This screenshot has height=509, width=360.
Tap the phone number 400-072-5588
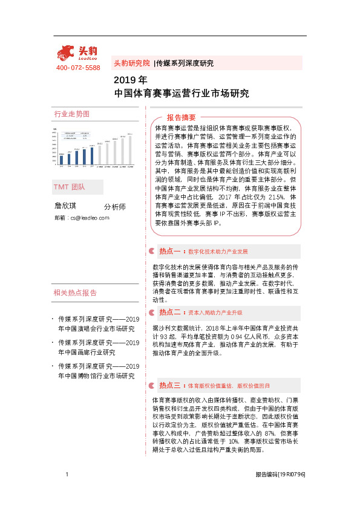(77, 68)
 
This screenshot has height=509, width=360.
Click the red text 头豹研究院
(131, 63)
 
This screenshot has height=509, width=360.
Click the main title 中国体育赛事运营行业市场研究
(181, 94)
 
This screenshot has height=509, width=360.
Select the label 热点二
(170, 313)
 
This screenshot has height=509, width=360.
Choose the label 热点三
(170, 384)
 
